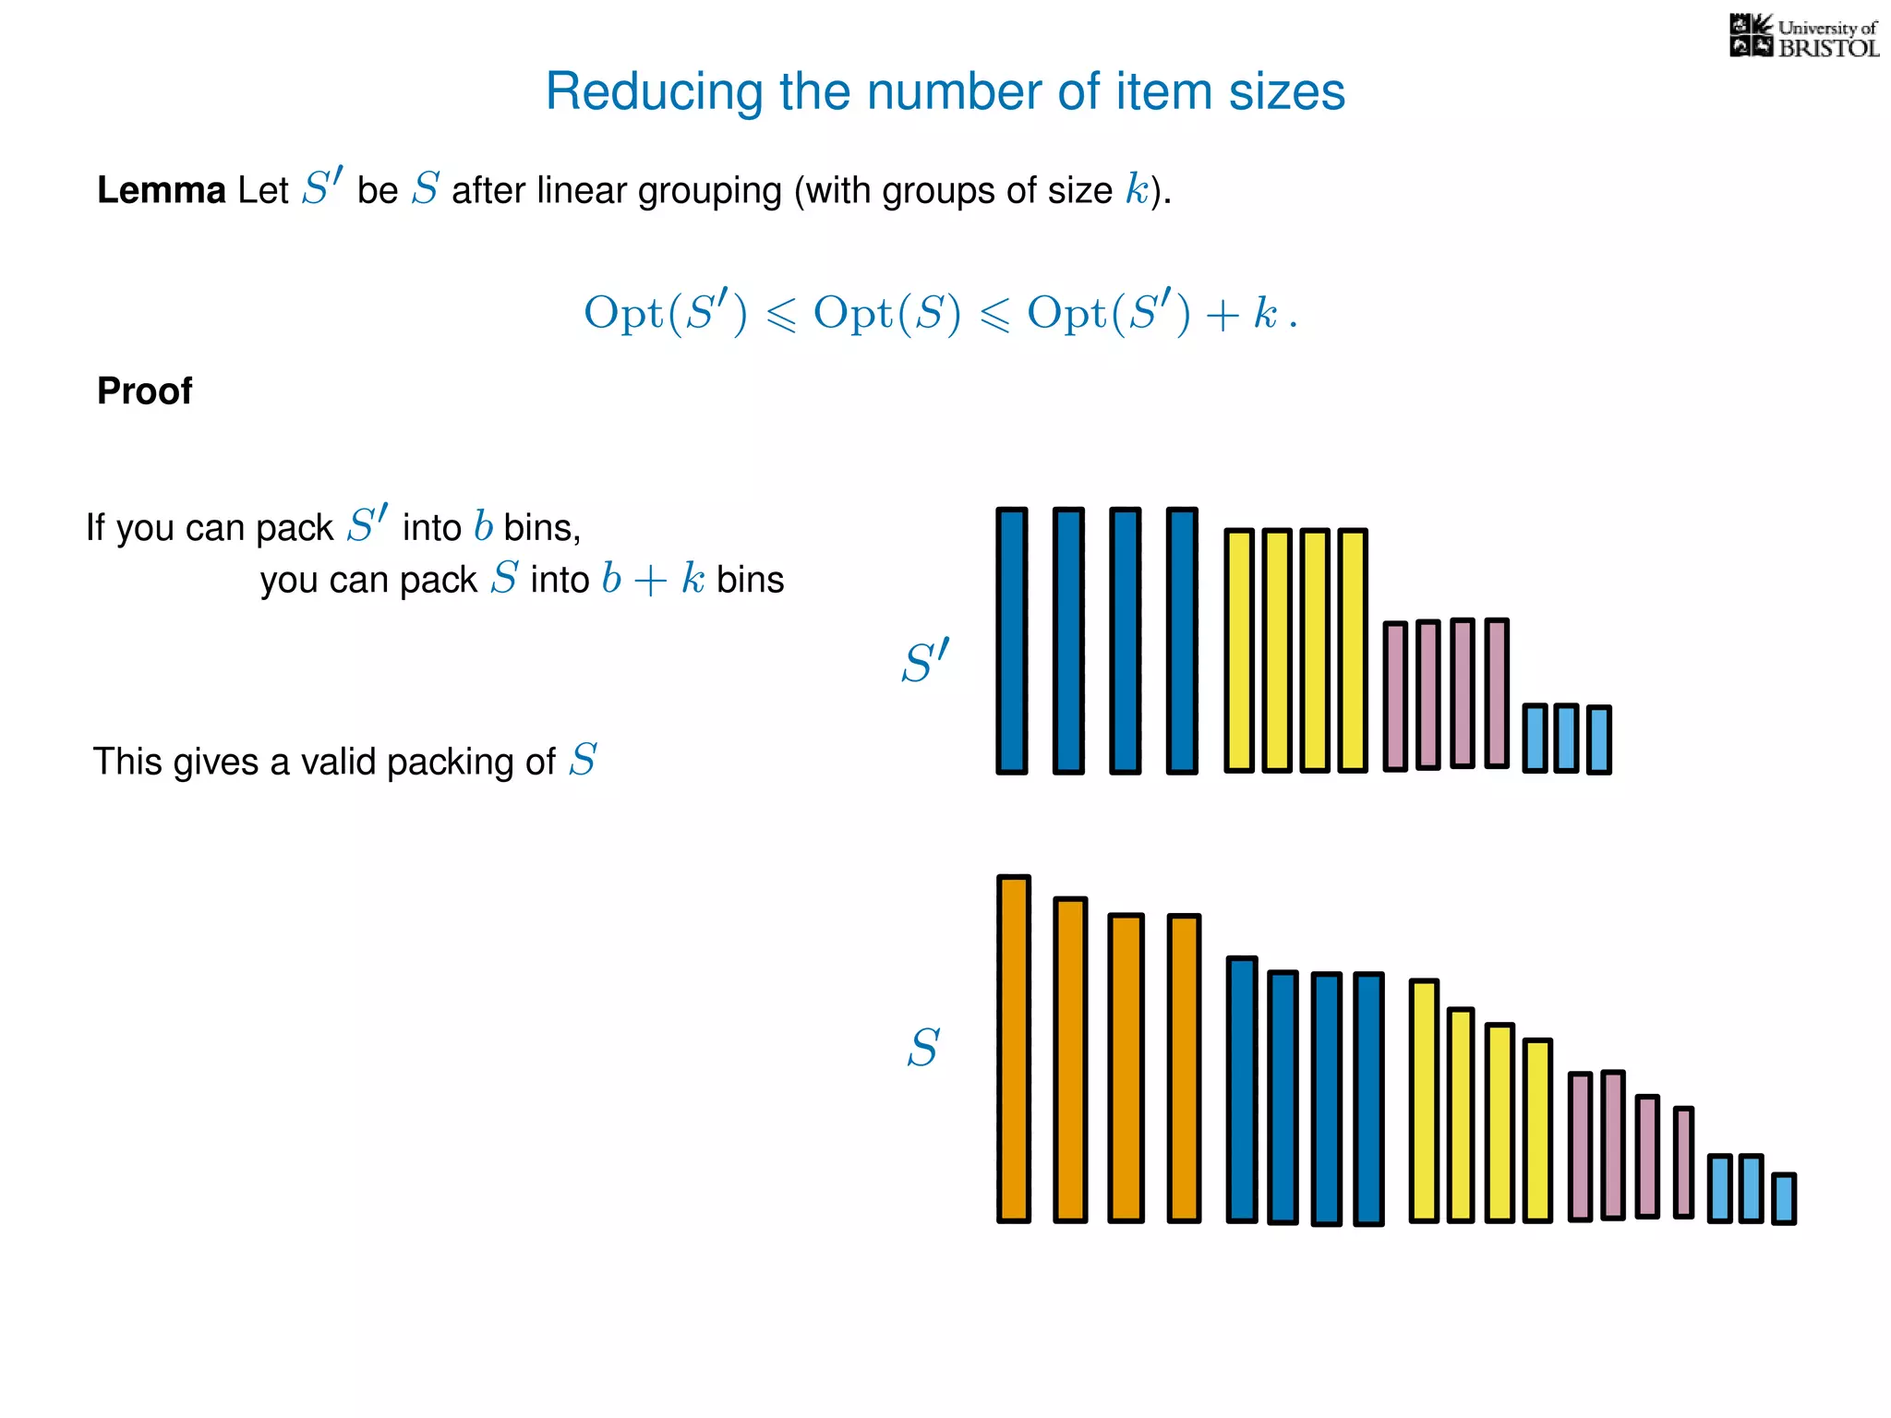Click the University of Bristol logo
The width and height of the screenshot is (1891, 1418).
click(1803, 37)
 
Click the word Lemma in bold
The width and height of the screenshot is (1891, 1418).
click(161, 191)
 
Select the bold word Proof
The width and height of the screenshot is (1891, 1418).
click(145, 391)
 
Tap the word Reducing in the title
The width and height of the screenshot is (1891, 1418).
click(655, 92)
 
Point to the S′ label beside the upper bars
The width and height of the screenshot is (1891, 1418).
click(924, 662)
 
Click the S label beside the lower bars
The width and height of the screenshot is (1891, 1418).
click(922, 1048)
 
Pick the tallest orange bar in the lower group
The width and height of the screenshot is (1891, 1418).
click(1013, 1048)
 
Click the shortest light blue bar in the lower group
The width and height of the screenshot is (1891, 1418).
click(1784, 1198)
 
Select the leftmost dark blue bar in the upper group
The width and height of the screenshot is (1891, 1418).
click(1012, 640)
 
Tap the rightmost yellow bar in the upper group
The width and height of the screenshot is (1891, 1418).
click(1352, 650)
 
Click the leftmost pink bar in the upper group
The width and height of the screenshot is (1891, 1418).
click(1395, 695)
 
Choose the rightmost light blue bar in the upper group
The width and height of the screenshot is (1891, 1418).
click(1599, 739)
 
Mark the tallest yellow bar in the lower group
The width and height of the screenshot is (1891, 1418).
click(1424, 1100)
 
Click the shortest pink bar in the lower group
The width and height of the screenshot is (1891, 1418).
click(1683, 1162)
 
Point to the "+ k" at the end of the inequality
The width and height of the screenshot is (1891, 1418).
click(1242, 314)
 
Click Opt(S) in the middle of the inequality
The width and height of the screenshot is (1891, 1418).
click(886, 314)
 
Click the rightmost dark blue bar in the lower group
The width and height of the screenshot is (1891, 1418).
click(1368, 1099)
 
